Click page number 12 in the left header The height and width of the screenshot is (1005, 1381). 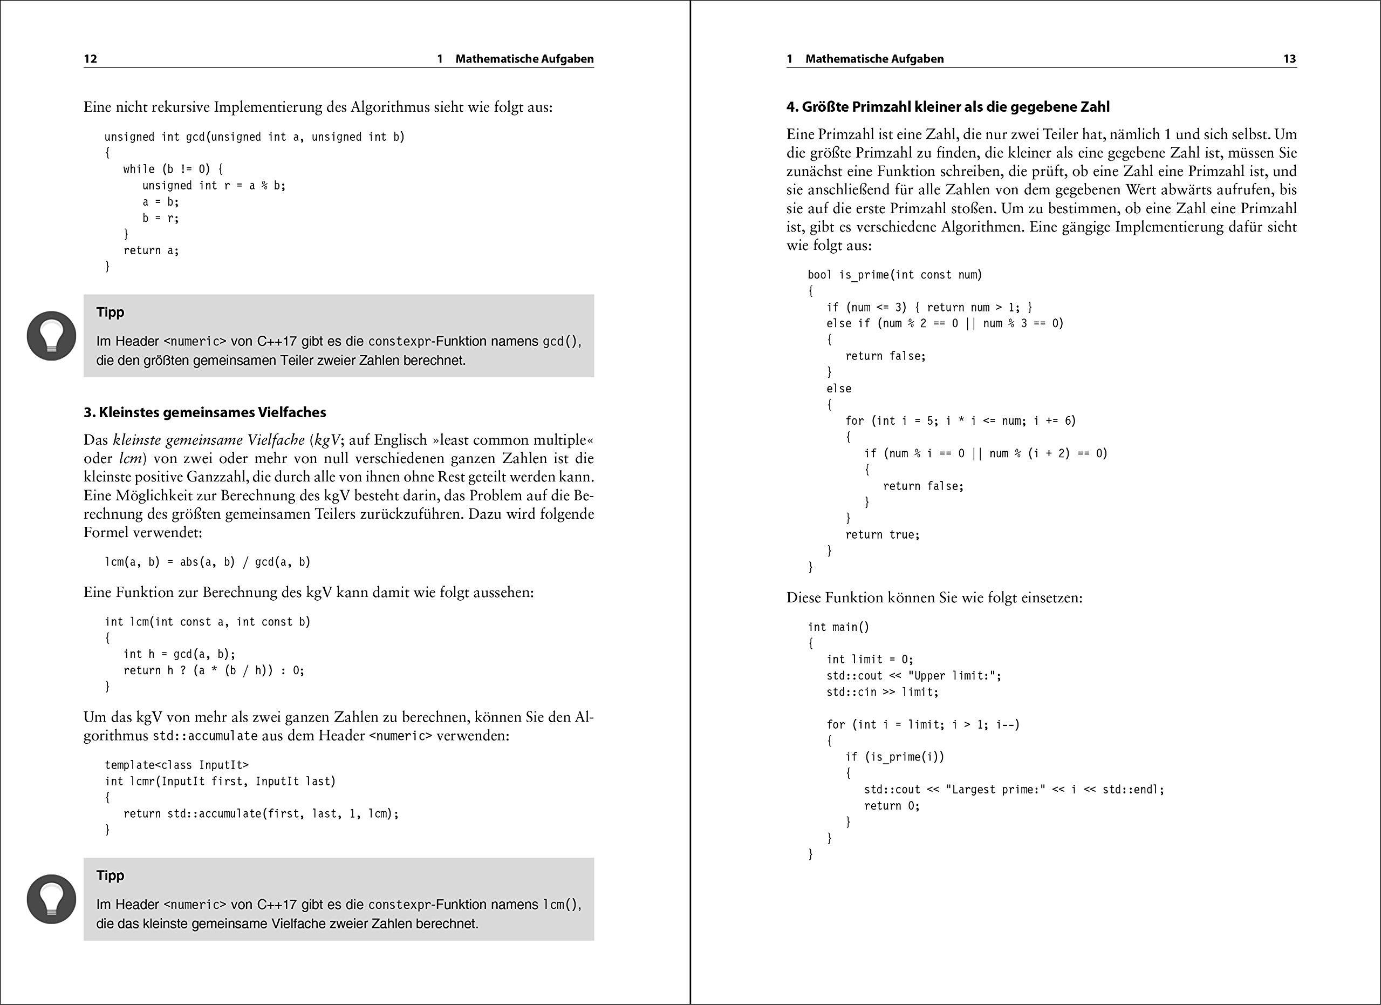[x=90, y=59]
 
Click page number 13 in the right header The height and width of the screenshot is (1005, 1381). [x=1290, y=59]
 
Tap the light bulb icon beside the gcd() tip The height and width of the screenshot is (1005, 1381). [x=52, y=336]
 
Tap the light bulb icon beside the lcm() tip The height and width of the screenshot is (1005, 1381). [x=52, y=899]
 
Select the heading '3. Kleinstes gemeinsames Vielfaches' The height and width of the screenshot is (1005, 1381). [x=204, y=412]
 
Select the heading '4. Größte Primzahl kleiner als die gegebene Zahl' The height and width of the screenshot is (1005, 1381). [x=947, y=107]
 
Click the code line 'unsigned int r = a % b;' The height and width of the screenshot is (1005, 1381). [x=214, y=186]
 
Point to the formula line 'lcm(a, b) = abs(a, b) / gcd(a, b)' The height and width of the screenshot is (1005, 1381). [x=208, y=561]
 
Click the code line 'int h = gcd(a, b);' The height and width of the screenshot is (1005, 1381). [x=179, y=654]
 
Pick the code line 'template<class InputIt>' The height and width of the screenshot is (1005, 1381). [x=176, y=765]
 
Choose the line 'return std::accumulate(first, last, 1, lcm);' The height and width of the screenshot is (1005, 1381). [x=261, y=814]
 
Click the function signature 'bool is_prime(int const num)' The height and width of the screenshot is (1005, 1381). [x=895, y=275]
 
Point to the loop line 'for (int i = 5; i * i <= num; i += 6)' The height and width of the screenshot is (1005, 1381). [x=960, y=421]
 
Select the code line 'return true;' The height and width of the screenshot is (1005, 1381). [x=883, y=535]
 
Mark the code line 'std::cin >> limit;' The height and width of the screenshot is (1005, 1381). [x=883, y=692]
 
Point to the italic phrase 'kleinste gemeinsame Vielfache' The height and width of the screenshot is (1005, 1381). [x=209, y=440]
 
